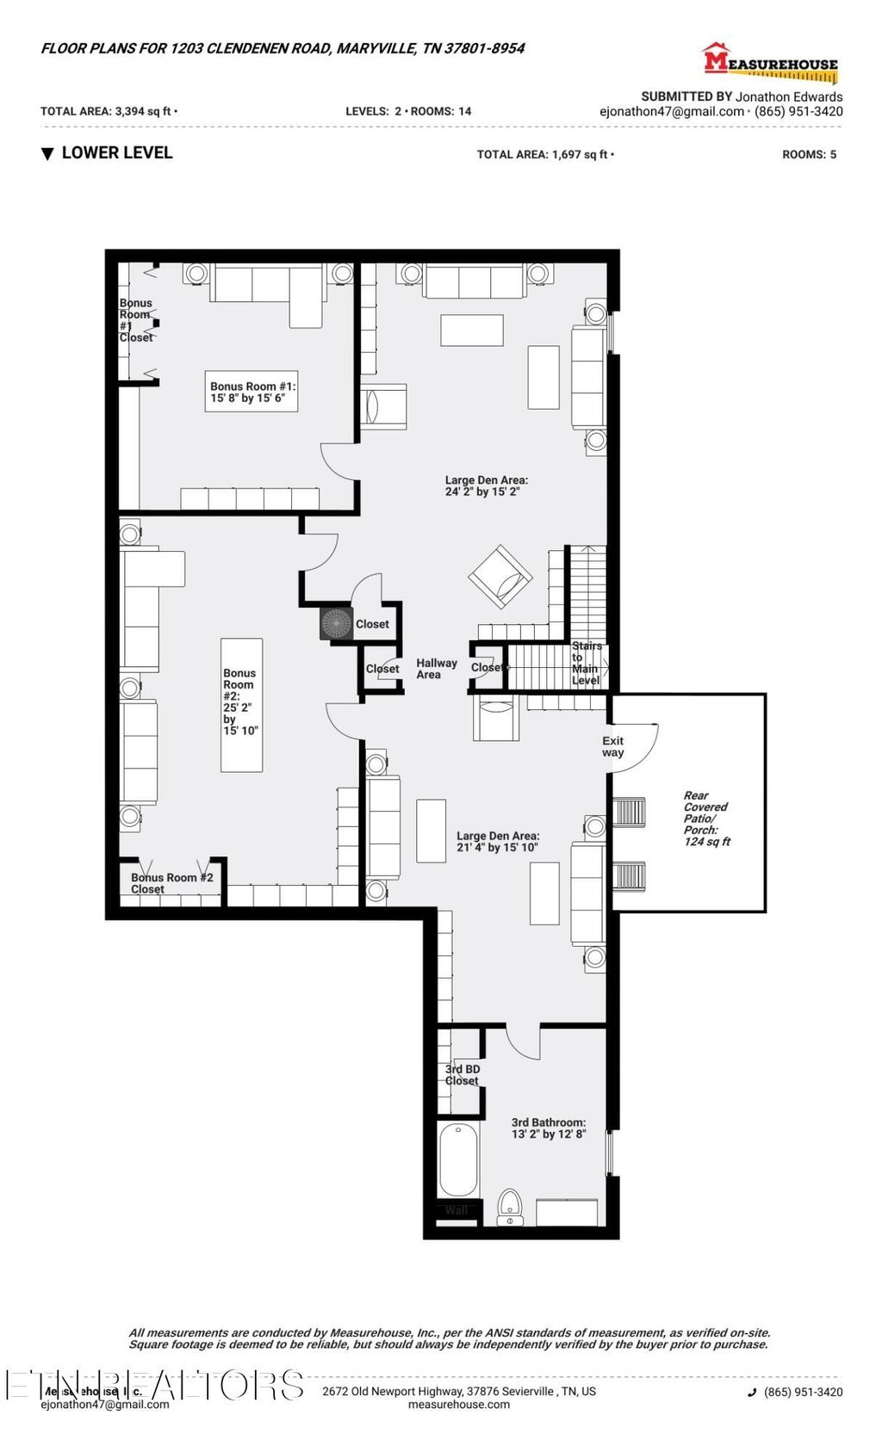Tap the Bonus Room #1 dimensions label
tap(252, 392)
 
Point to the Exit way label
tap(612, 746)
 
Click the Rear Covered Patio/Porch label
tap(705, 819)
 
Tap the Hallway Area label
tap(436, 669)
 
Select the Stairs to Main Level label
tap(586, 663)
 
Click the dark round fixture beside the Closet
tap(336, 624)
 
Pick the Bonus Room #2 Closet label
tap(171, 883)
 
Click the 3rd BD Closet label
tap(462, 1074)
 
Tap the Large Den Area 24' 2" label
tap(486, 486)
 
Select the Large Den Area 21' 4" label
tap(497, 841)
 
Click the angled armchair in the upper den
tap(500, 577)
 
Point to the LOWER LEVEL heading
tap(116, 153)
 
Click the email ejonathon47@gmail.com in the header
tap(671, 112)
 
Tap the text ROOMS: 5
tap(809, 155)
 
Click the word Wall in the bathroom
tap(456, 1210)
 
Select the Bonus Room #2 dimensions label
tap(240, 701)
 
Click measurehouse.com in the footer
tap(458, 1405)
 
